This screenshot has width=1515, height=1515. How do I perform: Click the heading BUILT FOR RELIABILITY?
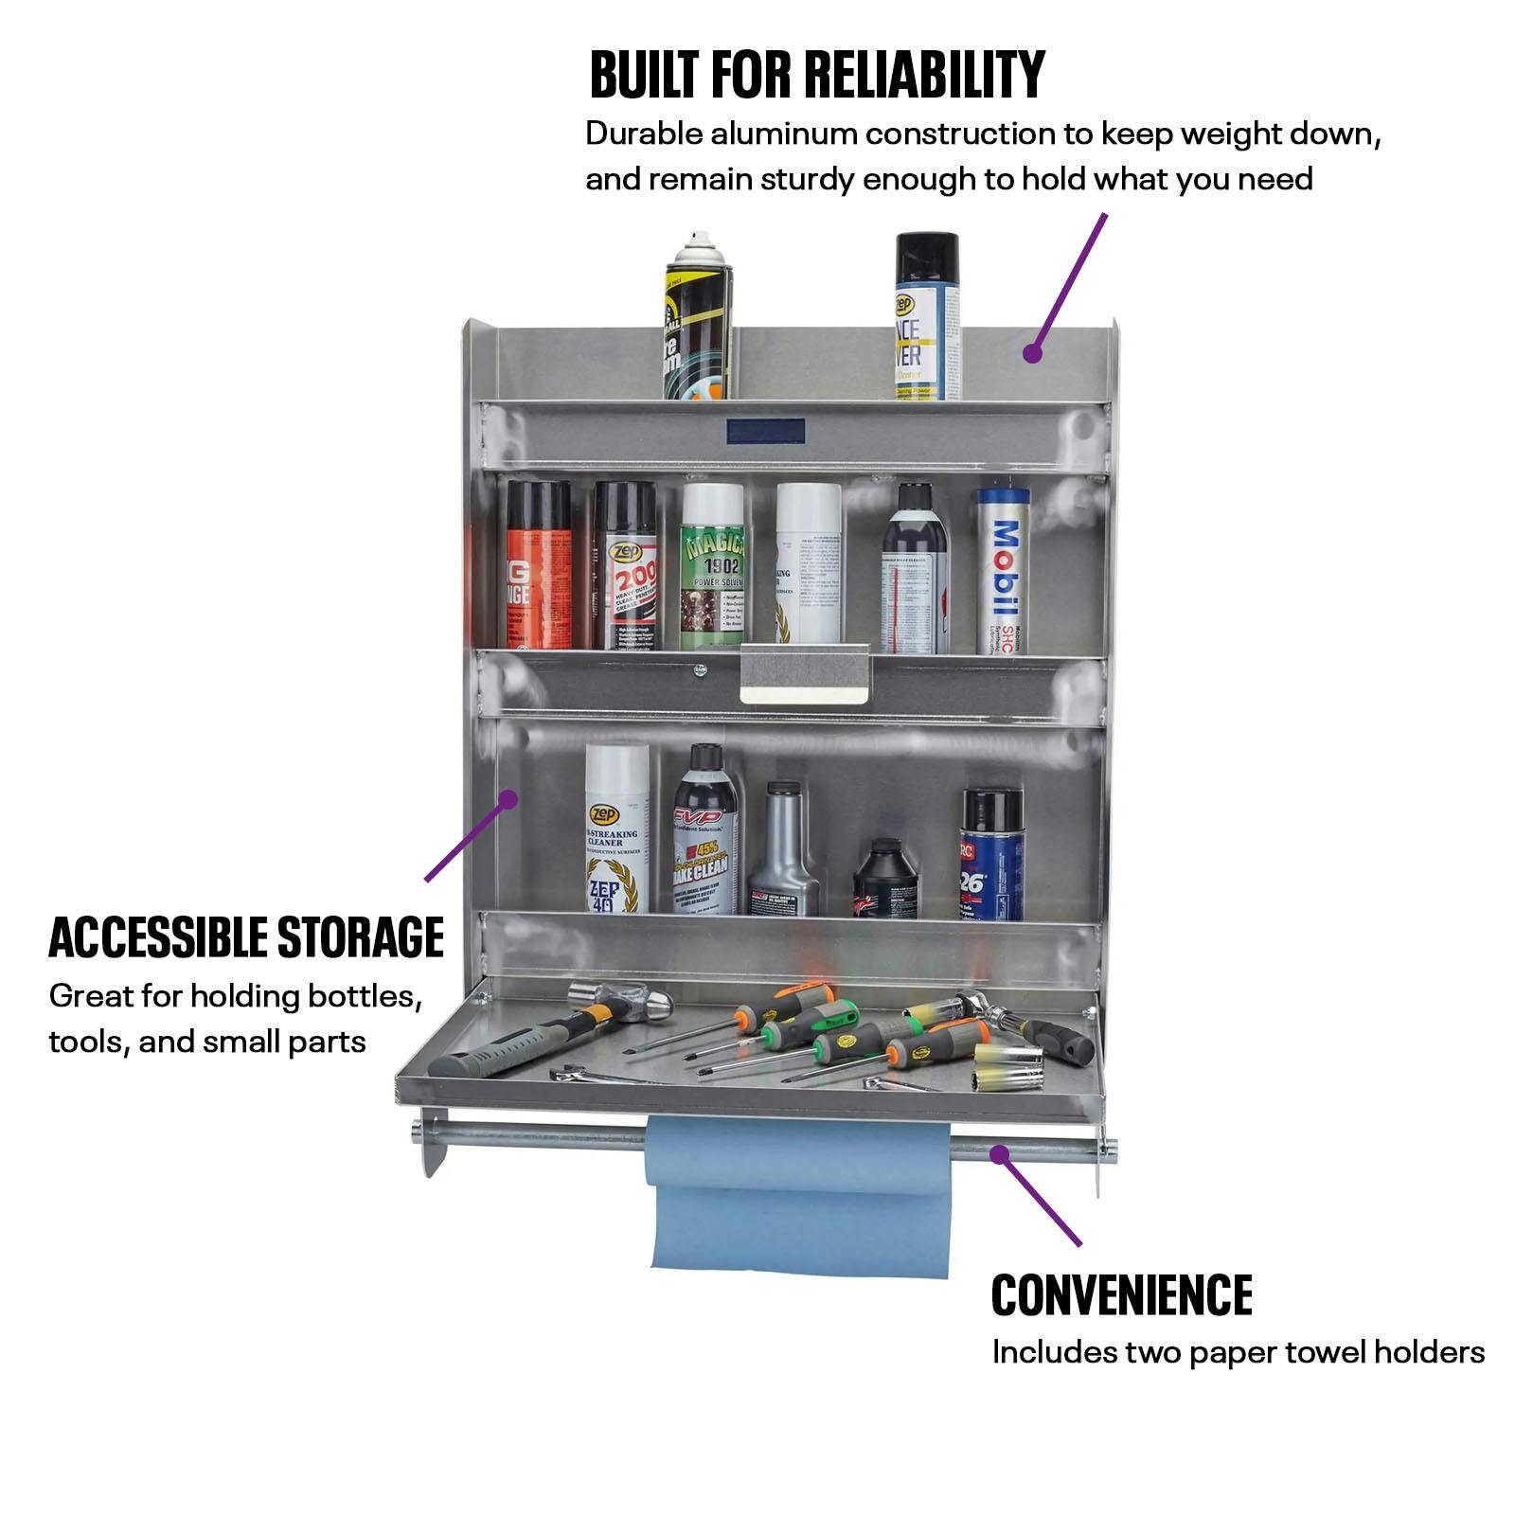[x=816, y=75]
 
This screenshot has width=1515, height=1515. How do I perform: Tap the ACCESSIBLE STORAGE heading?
[x=246, y=937]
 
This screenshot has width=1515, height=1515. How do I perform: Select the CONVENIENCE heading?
[x=1121, y=1294]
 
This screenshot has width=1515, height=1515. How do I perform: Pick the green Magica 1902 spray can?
[x=712, y=568]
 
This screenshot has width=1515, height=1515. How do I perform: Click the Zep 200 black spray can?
[x=625, y=568]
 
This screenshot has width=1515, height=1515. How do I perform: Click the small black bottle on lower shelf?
[x=886, y=880]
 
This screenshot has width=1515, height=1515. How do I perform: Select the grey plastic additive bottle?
[x=784, y=852]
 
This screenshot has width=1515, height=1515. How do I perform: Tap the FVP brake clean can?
[x=705, y=833]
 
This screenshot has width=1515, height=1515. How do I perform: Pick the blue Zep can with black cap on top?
[x=927, y=317]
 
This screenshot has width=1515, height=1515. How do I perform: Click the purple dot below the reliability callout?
[x=1032, y=354]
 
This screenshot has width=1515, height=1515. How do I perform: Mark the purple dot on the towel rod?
[x=998, y=1151]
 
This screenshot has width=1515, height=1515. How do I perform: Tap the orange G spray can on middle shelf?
[x=538, y=568]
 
